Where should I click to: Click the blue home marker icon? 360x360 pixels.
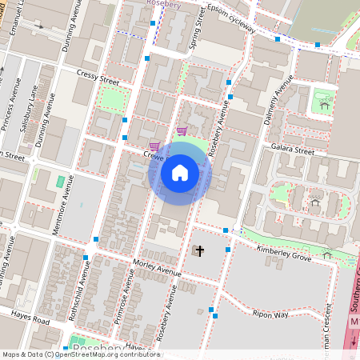180,172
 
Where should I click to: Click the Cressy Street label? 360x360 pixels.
98,77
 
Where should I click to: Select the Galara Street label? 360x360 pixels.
292,149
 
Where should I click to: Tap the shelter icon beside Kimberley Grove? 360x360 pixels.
327,255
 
